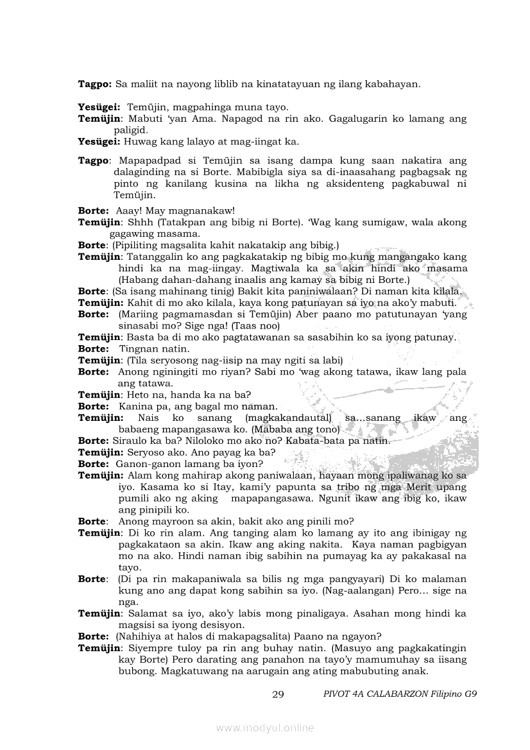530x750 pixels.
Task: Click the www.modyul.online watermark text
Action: click(x=265, y=728)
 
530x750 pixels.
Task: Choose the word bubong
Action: click(x=135, y=671)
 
